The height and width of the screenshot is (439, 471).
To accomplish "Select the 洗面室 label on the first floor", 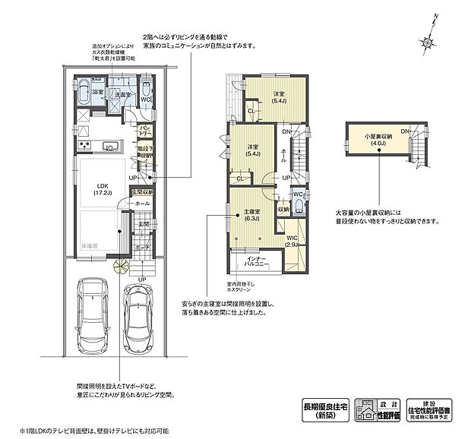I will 124,93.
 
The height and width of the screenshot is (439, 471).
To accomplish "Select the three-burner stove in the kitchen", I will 84,146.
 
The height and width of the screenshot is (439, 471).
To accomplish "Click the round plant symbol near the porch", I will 119,265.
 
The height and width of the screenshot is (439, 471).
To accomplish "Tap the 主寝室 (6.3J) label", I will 251,215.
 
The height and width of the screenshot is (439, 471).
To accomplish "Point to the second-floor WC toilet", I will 299,207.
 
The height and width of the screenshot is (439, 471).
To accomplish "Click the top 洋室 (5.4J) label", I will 278,96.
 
